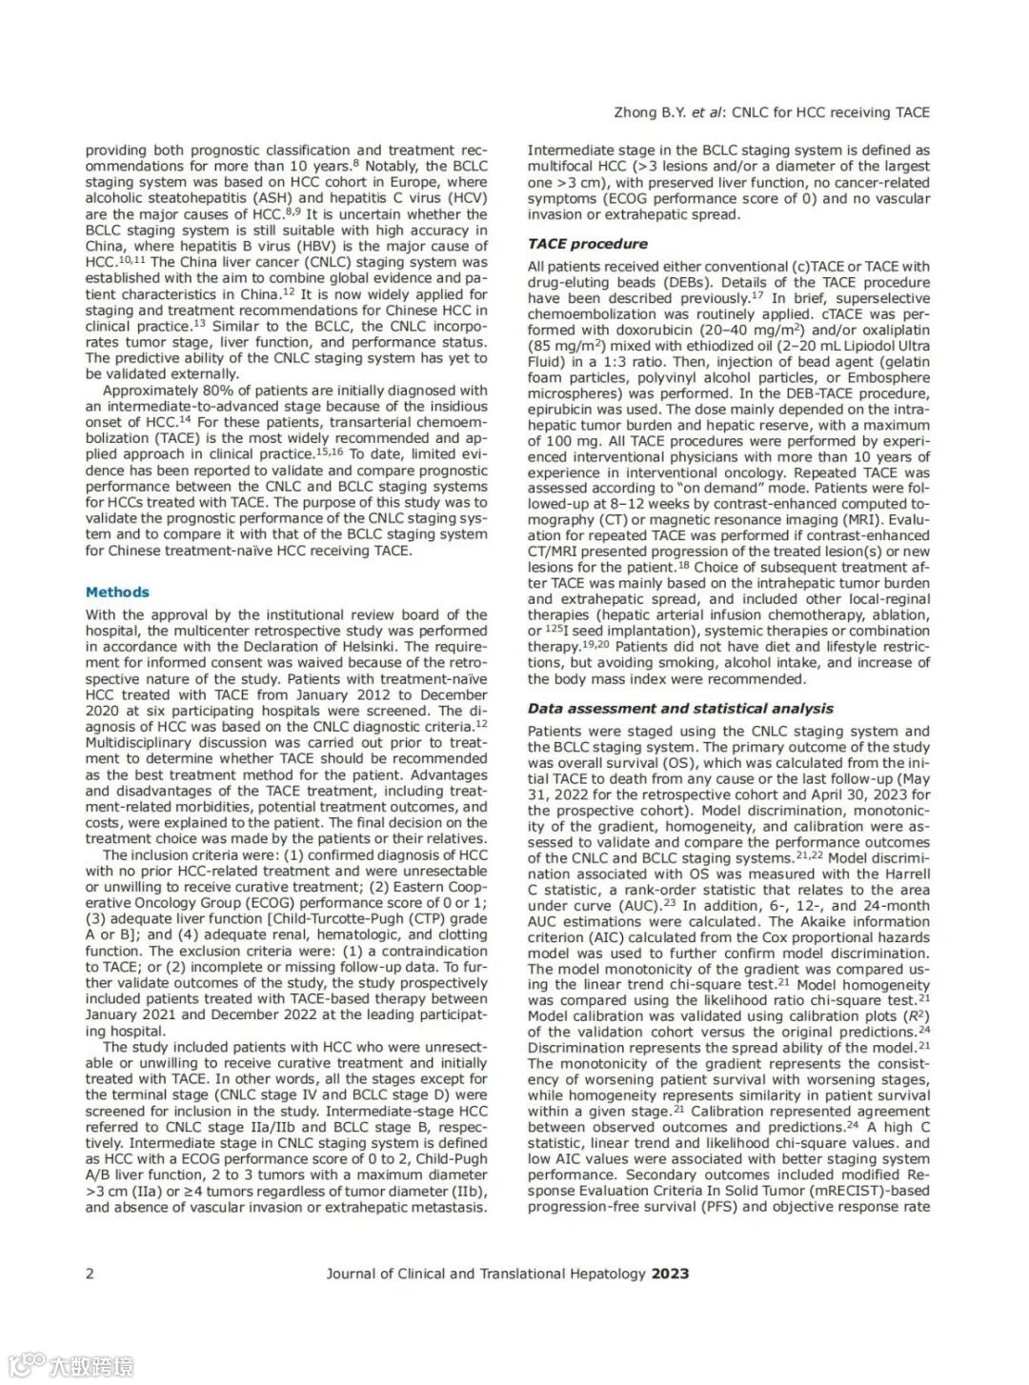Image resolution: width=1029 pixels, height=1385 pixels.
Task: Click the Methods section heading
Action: pyautogui.click(x=117, y=592)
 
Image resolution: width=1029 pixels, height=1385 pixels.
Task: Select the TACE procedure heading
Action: pyautogui.click(x=587, y=244)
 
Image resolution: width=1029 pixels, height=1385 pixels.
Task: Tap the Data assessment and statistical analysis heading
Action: pyautogui.click(x=680, y=709)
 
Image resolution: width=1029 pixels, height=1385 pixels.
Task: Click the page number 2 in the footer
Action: pyautogui.click(x=91, y=1274)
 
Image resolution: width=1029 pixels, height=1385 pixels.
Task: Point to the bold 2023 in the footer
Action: pyautogui.click(x=670, y=1274)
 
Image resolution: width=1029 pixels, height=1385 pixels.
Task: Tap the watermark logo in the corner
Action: pyautogui.click(x=71, y=1365)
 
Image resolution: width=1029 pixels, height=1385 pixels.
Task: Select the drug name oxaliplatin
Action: pyautogui.click(x=893, y=331)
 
